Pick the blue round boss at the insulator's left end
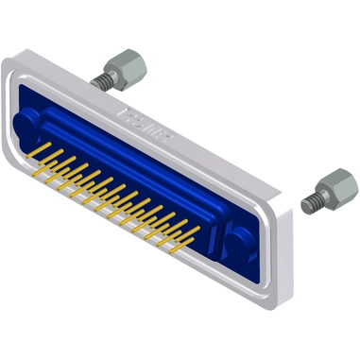coord(29,126)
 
